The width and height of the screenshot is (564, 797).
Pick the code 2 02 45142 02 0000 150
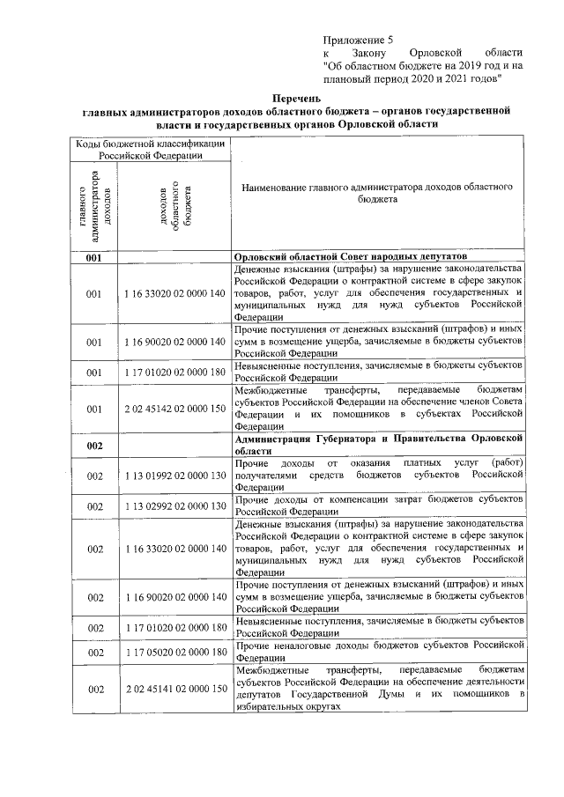pos(175,409)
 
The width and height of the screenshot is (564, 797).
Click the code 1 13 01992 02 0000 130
pos(175,476)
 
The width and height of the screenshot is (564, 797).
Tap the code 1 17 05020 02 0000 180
pos(175,653)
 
